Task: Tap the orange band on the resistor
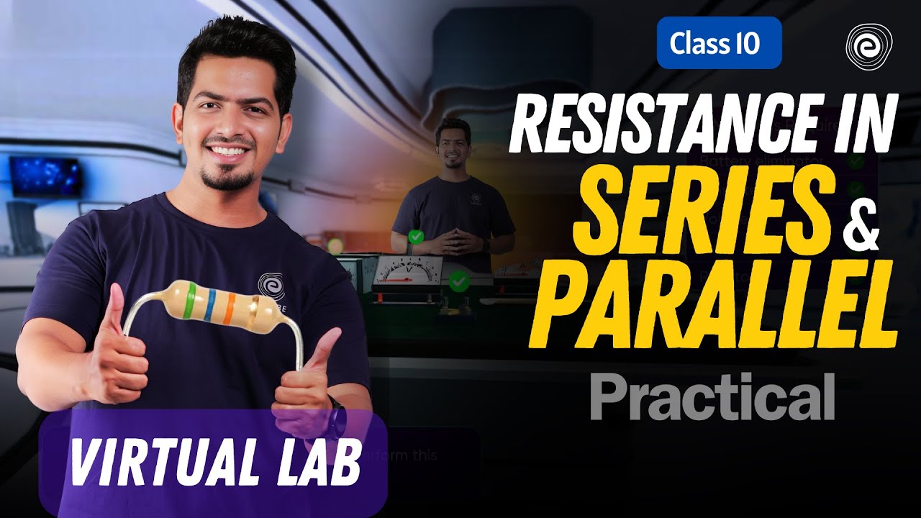(x=230, y=308)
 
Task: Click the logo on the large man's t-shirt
(x=270, y=284)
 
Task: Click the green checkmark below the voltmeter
(x=458, y=281)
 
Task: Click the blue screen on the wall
(x=45, y=176)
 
